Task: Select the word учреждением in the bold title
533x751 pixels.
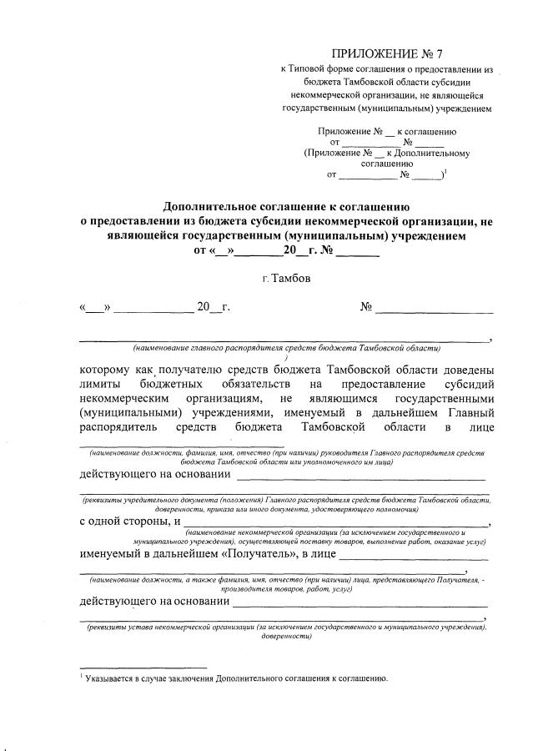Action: (x=410, y=235)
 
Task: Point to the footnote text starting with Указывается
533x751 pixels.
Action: (x=238, y=678)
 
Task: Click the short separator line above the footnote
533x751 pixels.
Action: (x=143, y=668)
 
